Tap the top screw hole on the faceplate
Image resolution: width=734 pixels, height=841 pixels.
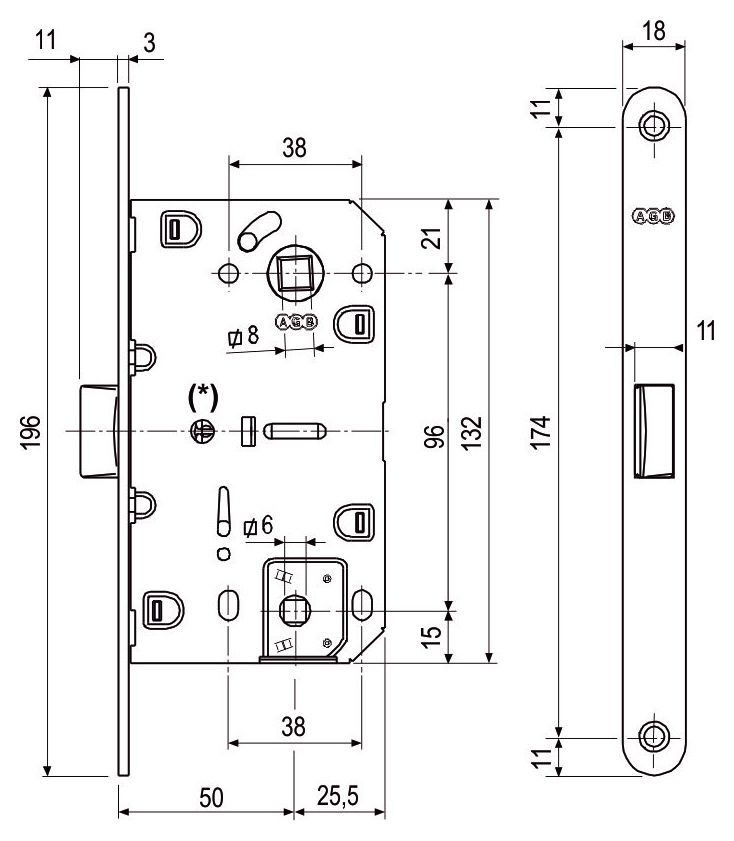[654, 126]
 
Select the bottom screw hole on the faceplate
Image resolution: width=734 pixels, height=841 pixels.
[654, 736]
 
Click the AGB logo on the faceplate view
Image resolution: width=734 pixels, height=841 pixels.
[654, 215]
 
